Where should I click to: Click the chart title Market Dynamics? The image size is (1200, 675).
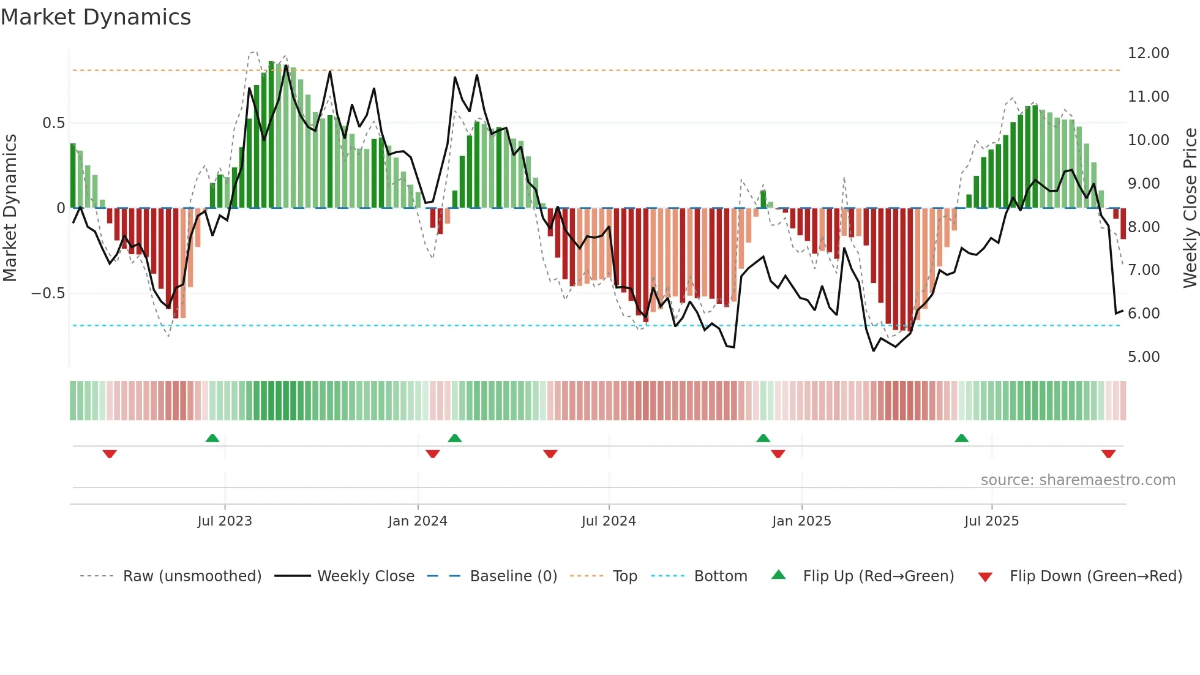click(x=96, y=17)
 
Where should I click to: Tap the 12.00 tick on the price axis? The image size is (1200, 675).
click(x=1148, y=53)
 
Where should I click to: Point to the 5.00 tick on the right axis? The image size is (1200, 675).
click(x=1143, y=357)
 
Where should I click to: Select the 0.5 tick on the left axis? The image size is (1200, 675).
click(x=53, y=123)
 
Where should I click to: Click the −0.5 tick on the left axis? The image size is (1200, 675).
click(x=48, y=293)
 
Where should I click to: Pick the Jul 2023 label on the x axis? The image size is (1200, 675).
click(x=225, y=521)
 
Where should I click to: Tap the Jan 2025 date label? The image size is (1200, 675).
click(x=801, y=521)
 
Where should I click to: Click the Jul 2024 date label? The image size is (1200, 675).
click(x=609, y=521)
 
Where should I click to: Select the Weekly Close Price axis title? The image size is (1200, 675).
click(x=1190, y=208)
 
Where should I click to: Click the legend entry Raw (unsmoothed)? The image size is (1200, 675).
click(x=192, y=576)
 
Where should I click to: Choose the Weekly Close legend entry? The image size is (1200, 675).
click(x=366, y=576)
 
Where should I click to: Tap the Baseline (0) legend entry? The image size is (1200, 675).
click(x=513, y=576)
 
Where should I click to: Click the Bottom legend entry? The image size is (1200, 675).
click(x=720, y=576)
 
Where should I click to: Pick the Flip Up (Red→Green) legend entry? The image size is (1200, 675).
click(x=878, y=576)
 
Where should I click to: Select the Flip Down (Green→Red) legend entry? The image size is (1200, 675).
click(x=1095, y=576)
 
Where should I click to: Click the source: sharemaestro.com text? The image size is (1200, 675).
click(x=1078, y=480)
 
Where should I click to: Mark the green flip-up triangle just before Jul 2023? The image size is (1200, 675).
click(x=212, y=439)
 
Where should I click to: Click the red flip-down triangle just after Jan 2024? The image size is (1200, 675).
click(x=433, y=454)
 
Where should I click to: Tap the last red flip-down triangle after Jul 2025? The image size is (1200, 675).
click(x=1108, y=454)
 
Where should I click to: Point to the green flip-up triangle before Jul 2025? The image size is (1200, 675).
click(x=961, y=439)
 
